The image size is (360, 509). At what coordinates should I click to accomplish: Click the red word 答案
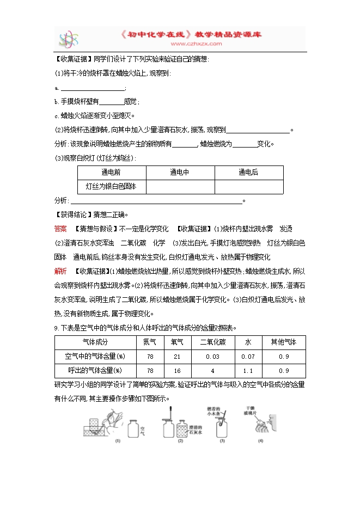[x=60, y=228]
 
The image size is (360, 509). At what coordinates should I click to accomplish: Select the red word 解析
[x=60, y=271]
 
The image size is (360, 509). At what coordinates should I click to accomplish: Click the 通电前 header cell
[x=112, y=173]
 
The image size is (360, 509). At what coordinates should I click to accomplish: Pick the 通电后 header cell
[x=248, y=173]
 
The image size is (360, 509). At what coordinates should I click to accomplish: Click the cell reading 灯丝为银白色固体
[x=112, y=186]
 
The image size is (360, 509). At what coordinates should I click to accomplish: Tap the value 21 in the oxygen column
[x=176, y=356]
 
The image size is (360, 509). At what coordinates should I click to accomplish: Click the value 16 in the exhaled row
[x=176, y=370]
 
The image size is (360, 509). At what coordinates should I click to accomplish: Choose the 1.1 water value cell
[x=248, y=370]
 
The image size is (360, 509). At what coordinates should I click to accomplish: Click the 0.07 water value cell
[x=248, y=356]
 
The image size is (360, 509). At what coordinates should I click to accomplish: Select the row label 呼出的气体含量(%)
[x=95, y=370]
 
